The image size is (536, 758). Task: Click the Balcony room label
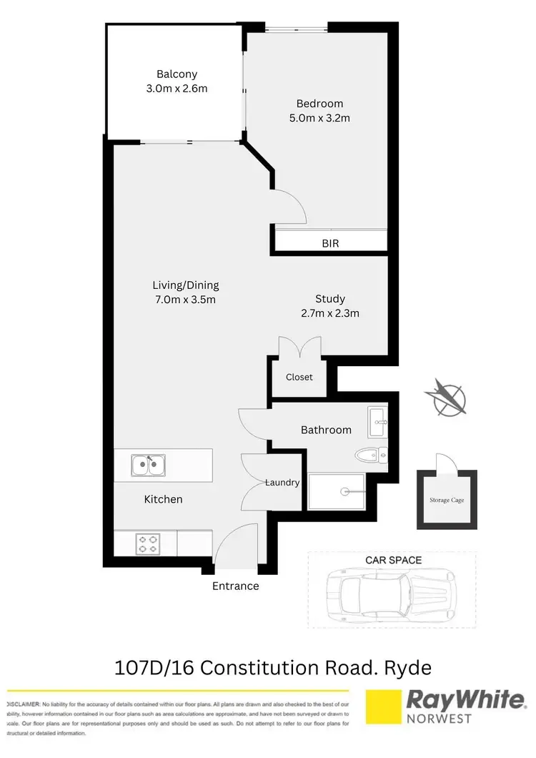click(x=177, y=74)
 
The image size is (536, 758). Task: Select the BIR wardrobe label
click(x=330, y=243)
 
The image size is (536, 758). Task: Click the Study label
click(x=330, y=299)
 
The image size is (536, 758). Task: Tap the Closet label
click(x=299, y=377)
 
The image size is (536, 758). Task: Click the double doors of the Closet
click(x=299, y=348)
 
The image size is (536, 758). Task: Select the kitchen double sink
click(x=149, y=466)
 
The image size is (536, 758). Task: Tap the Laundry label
click(x=282, y=483)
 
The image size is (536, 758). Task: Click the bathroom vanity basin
click(x=377, y=421)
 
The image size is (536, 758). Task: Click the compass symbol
click(x=446, y=397)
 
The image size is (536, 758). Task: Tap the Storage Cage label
click(x=447, y=500)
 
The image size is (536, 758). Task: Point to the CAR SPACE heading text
click(x=393, y=560)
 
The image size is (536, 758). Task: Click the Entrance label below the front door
click(x=235, y=586)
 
